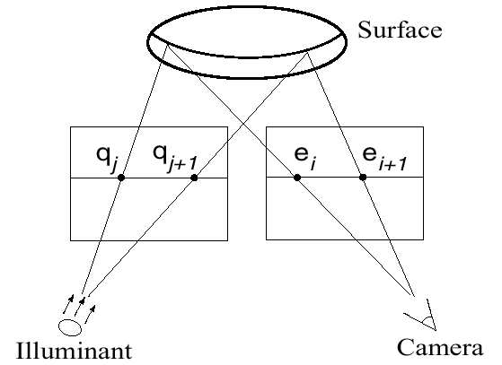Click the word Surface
400,30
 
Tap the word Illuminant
74,351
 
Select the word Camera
440,347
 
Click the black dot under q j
121,178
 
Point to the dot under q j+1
194,178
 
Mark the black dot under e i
297,177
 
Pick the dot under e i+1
363,177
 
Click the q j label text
108,159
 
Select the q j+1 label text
175,158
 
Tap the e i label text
305,159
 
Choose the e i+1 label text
384,159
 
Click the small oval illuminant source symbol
70,327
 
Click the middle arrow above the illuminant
80,306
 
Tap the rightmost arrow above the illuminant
91,314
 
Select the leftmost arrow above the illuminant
68,304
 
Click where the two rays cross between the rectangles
244,123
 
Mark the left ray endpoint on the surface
167,46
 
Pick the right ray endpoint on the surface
307,52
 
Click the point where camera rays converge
413,295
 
